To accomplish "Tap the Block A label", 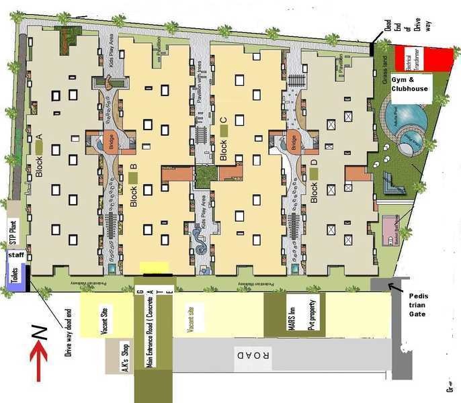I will tap(39, 155).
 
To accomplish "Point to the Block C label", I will tap(224, 139).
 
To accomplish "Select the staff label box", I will tap(15, 256).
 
